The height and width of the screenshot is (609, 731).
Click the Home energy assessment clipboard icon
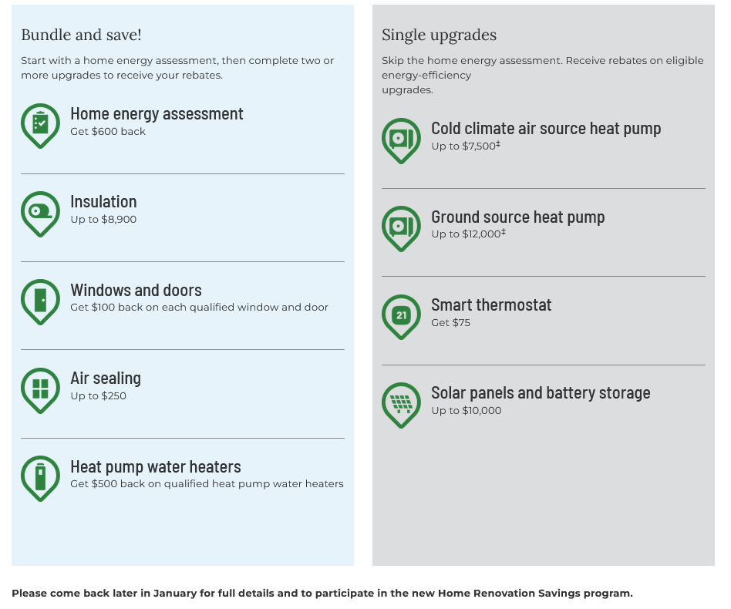40,123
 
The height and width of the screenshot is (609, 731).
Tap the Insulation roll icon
40,211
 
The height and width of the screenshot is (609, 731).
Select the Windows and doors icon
40,300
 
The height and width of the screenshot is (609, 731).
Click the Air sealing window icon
40,388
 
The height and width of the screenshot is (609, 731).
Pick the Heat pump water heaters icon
40,476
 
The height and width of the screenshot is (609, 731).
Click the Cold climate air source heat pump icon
401,139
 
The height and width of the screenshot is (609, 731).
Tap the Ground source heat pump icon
401,227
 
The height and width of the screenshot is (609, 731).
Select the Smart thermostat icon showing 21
401,315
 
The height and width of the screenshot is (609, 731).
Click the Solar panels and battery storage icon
401,403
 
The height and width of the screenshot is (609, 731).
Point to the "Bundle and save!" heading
81,35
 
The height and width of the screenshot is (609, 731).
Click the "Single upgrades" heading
439,35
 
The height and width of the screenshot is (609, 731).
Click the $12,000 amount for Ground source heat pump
481,234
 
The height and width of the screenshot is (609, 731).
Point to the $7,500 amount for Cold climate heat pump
479,146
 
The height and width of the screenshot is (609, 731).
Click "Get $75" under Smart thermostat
450,323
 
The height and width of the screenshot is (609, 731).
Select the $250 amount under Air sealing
113,396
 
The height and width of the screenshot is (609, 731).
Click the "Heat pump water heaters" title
155,467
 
